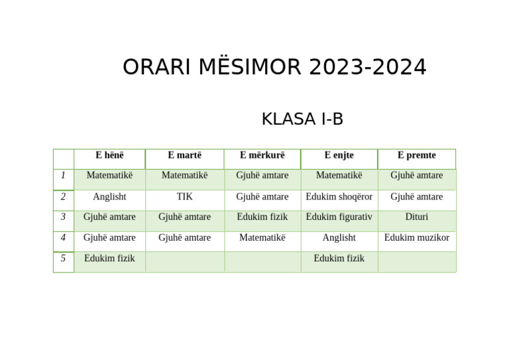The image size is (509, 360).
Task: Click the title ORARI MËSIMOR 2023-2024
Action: tap(274, 68)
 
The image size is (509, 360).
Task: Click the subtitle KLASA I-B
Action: tap(302, 119)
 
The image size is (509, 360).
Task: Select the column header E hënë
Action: tap(109, 155)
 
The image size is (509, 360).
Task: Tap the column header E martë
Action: tap(184, 155)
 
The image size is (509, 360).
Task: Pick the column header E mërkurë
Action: tap(262, 155)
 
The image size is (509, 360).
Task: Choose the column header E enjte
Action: tap(339, 155)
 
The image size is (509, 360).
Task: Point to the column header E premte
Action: tap(416, 155)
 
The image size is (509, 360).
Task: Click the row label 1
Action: tap(63, 176)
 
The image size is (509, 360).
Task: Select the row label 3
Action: tap(63, 217)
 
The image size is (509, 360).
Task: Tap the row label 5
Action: tap(63, 259)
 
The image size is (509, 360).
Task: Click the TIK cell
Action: tap(184, 197)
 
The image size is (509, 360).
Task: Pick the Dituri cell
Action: tap(416, 217)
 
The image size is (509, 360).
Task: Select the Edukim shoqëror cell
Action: tap(339, 197)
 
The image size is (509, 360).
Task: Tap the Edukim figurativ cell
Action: tap(339, 217)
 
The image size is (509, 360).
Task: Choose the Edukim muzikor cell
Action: tap(416, 237)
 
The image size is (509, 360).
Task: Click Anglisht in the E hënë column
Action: tap(109, 197)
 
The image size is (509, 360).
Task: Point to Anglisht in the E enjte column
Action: tap(339, 237)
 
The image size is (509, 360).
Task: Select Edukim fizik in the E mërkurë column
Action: tap(262, 217)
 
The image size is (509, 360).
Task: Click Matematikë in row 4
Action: tap(262, 237)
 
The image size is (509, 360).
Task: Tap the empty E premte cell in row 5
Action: tap(416, 261)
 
